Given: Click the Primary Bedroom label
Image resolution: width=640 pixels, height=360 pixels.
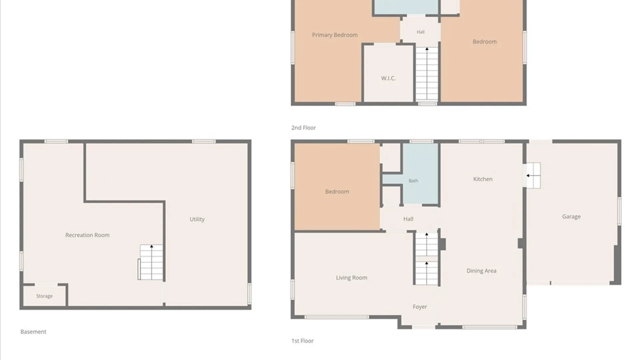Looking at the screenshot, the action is pyautogui.click(x=335, y=35).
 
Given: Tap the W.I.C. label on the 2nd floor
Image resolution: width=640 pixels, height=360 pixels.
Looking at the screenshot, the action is pyautogui.click(x=388, y=78).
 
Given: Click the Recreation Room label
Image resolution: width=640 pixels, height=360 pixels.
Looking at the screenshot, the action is pyautogui.click(x=87, y=235).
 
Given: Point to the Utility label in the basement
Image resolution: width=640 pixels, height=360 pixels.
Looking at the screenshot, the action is pyautogui.click(x=197, y=219).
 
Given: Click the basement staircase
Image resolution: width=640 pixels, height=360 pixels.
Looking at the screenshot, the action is pyautogui.click(x=151, y=262).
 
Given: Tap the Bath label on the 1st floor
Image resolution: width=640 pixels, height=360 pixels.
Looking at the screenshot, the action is pyautogui.click(x=413, y=181).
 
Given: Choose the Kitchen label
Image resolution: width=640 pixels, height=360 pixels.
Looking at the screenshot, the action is pyautogui.click(x=483, y=179).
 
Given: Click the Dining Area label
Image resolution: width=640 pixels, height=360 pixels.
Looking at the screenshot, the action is pyautogui.click(x=481, y=271).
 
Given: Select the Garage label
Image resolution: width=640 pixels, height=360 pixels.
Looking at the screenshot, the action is pyautogui.click(x=571, y=217).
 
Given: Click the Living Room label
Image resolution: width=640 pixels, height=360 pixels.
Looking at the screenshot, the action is pyautogui.click(x=352, y=278).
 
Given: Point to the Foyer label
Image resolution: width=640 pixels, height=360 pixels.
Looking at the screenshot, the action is pyautogui.click(x=420, y=307).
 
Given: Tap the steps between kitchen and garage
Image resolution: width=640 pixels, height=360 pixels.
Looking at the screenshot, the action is pyautogui.click(x=533, y=175).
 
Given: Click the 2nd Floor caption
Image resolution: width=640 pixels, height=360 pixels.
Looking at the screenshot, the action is pyautogui.click(x=303, y=128).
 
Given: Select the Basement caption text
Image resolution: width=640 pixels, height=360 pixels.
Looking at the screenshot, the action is pyautogui.click(x=33, y=332).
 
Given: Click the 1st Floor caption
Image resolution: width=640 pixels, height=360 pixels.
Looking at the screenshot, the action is pyautogui.click(x=302, y=341).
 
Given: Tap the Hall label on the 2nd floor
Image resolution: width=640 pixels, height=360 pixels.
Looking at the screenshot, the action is pyautogui.click(x=421, y=32).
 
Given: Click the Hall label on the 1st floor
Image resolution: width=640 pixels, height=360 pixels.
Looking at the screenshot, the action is pyautogui.click(x=408, y=219).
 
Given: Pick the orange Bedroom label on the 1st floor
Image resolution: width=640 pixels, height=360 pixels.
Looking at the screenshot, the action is pyautogui.click(x=337, y=192).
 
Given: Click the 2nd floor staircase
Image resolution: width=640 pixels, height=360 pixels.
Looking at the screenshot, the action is pyautogui.click(x=427, y=74).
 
